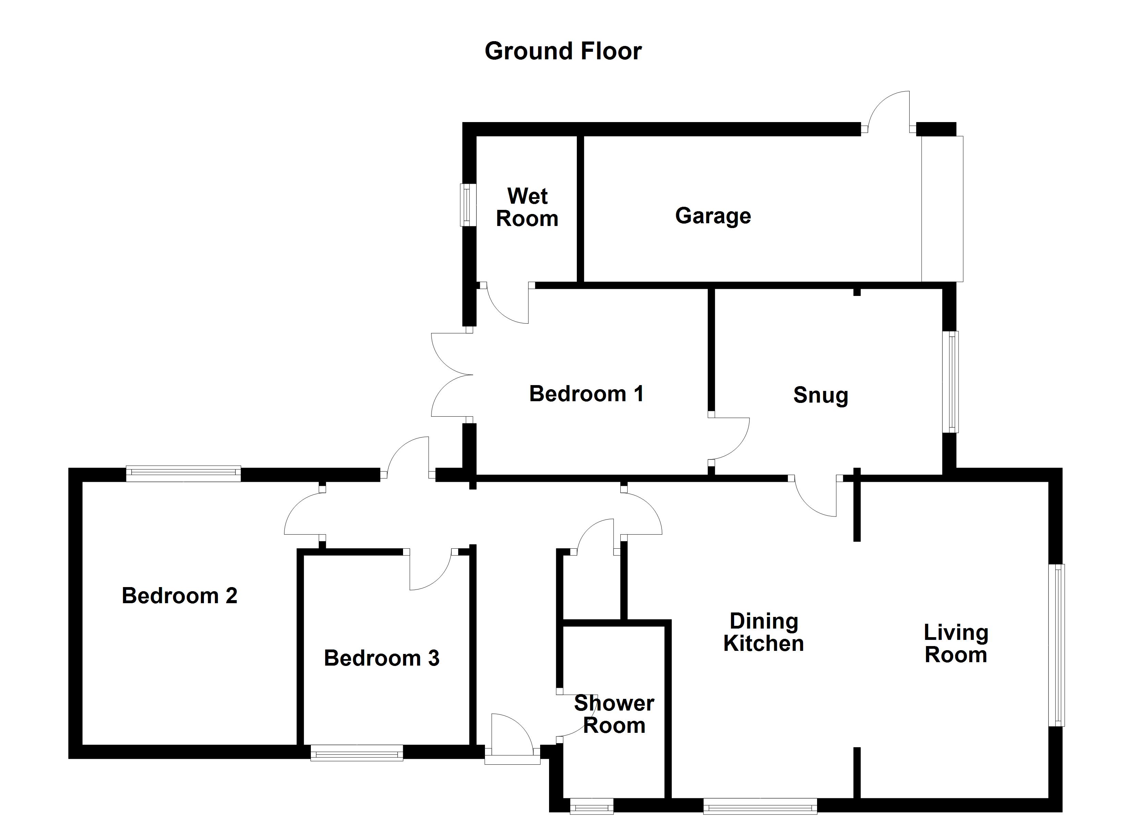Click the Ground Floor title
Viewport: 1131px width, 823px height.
[x=563, y=51]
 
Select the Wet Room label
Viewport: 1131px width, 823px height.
[x=527, y=207]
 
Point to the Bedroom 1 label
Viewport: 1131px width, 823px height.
[x=586, y=394]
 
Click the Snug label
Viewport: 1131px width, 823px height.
[x=820, y=395]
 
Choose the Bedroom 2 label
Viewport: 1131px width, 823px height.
[x=180, y=596]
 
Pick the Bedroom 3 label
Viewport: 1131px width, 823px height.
[x=381, y=658]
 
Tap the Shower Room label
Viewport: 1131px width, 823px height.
[x=614, y=714]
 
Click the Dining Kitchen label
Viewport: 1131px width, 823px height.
[x=764, y=633]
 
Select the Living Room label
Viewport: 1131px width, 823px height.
[x=956, y=644]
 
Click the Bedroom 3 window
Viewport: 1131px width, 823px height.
[x=356, y=753]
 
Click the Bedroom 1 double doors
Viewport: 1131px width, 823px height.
[x=451, y=375]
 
